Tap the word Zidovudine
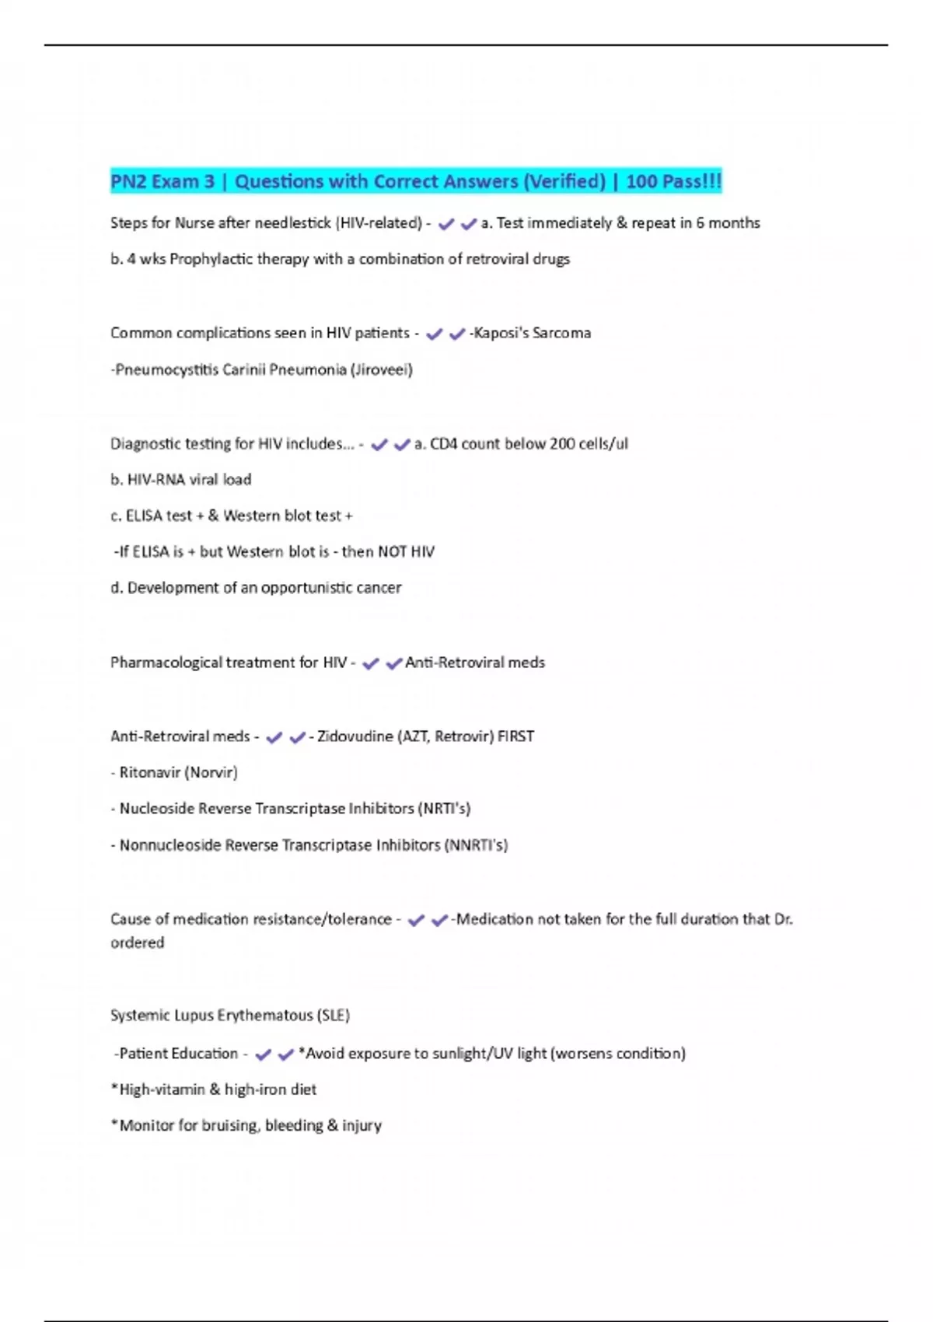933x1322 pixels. coord(355,736)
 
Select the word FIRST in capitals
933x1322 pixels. coord(515,736)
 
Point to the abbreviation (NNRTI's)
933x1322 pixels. coord(476,845)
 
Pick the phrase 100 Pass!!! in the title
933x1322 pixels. coord(673,182)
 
